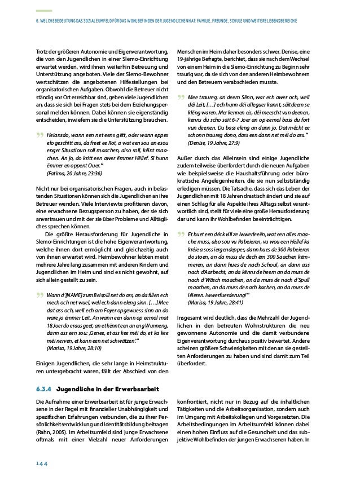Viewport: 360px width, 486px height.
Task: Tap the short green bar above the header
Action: click(43, 11)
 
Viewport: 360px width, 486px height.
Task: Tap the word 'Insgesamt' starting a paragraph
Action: click(190, 317)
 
